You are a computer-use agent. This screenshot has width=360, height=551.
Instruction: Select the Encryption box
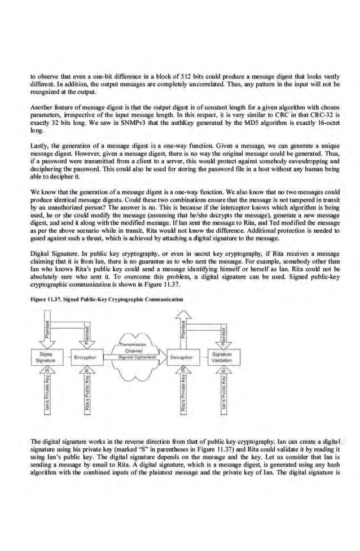pos(86,357)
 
